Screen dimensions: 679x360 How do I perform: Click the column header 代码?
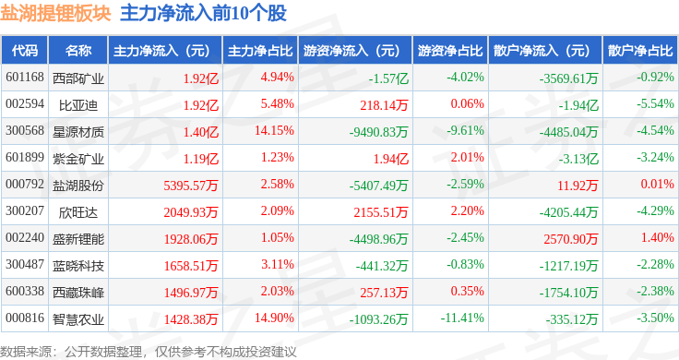click(25, 51)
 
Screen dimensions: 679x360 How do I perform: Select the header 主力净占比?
click(260, 51)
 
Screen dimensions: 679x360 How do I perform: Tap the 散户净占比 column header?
click(640, 51)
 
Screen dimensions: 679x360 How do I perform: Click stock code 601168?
click(25, 78)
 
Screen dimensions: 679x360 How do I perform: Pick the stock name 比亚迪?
click(78, 105)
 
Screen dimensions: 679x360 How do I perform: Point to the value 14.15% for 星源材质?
click(274, 130)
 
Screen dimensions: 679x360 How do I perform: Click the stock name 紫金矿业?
click(78, 159)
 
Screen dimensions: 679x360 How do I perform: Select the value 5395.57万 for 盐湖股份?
click(191, 186)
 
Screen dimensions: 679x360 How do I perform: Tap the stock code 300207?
click(25, 211)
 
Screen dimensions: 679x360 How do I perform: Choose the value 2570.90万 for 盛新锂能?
click(571, 239)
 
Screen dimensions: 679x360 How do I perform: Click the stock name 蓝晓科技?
click(78, 266)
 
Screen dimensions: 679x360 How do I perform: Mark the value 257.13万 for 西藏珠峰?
click(384, 293)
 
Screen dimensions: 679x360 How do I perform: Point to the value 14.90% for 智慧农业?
click(274, 318)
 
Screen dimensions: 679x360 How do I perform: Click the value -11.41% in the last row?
click(462, 318)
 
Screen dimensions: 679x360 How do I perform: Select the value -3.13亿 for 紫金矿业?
click(578, 159)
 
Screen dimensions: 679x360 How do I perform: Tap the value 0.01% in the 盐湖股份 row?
click(658, 184)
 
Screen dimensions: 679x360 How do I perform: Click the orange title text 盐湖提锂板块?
click(55, 14)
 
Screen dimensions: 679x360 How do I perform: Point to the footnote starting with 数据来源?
click(149, 352)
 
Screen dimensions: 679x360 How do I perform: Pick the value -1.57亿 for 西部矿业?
click(388, 78)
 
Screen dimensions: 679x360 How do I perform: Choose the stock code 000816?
click(25, 318)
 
